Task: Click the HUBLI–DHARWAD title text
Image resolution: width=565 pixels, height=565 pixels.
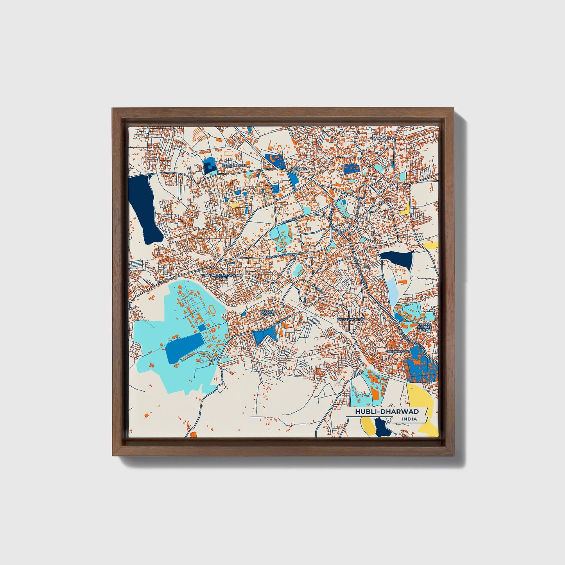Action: [x=387, y=412]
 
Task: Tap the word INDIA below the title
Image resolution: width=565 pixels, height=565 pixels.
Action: [x=409, y=419]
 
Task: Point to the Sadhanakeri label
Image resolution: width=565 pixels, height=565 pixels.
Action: [x=233, y=165]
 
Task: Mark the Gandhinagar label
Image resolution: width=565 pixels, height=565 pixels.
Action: [x=397, y=352]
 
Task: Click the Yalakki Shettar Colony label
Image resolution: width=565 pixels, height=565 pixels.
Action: [x=424, y=327]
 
